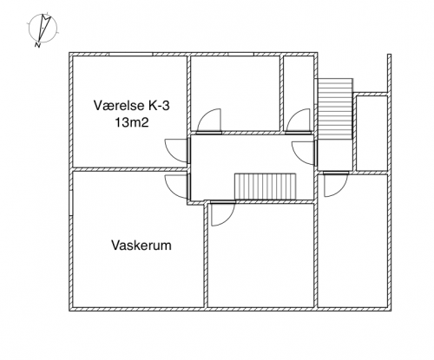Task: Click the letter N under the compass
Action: coord(37,45)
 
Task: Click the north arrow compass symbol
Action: coord(43,28)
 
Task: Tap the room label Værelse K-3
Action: coord(131,105)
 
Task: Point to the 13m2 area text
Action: coord(132,122)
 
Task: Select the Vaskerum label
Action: coord(141,245)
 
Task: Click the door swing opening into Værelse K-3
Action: coord(177,150)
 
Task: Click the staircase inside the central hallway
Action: coord(265,187)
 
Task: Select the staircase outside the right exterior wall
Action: coord(335,108)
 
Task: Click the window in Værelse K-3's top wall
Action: coord(131,54)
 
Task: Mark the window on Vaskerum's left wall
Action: coord(71,203)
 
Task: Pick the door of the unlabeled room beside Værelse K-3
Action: coord(209,121)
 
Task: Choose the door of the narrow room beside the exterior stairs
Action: coord(299,121)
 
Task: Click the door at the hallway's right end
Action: coord(305,153)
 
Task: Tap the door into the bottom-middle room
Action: coord(223,213)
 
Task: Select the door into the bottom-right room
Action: coord(336,184)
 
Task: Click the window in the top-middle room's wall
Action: coord(240,54)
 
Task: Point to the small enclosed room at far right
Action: coord(372,133)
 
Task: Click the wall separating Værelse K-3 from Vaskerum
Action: coord(129,169)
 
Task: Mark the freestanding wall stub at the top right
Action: coord(390,74)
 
